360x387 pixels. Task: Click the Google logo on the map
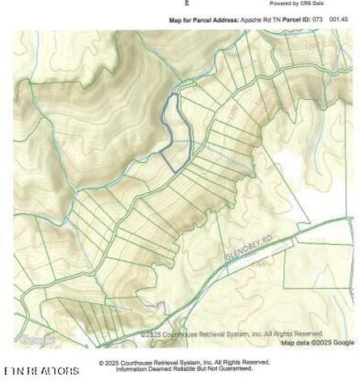coord(36,340)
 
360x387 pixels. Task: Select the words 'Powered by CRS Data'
coord(296,3)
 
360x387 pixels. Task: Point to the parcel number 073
coord(318,19)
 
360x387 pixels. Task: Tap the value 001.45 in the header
coord(339,19)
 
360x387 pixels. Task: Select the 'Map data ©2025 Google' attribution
coord(317,343)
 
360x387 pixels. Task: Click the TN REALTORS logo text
coord(42,371)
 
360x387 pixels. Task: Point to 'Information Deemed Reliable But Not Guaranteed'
coord(184,369)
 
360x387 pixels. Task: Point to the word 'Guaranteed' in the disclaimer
coord(237,369)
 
